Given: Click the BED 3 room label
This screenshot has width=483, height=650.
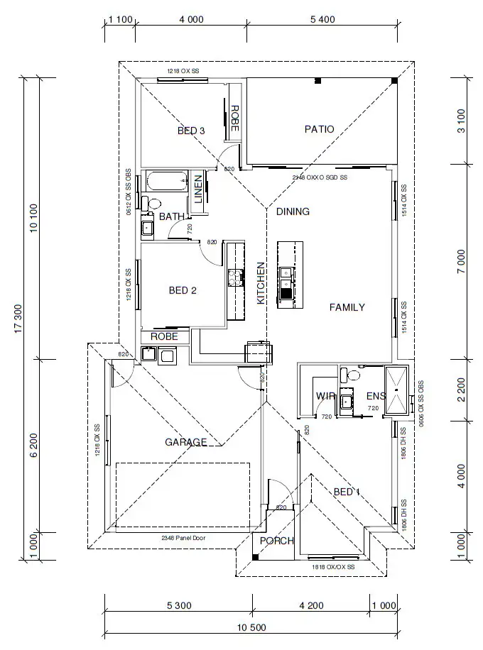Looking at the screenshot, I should (x=191, y=131).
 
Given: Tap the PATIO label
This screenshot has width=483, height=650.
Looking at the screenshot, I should (x=319, y=129).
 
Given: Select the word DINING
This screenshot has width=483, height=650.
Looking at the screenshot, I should (x=293, y=211).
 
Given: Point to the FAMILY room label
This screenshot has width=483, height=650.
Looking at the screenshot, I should (x=347, y=307).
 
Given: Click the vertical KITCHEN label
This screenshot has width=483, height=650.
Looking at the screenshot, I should (x=261, y=283).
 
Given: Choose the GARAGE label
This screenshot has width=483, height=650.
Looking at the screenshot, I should (x=186, y=442).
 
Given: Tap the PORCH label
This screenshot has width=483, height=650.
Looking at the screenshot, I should (x=276, y=541).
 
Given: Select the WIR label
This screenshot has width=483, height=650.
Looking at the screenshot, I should (x=325, y=396).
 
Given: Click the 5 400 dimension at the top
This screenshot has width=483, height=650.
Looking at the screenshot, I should (x=322, y=19).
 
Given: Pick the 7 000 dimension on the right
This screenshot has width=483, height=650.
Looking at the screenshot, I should (x=462, y=263).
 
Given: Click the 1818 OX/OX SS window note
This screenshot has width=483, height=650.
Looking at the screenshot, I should (x=333, y=568).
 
